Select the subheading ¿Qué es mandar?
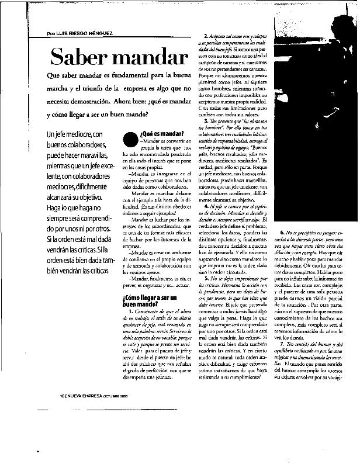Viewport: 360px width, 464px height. point(162,134)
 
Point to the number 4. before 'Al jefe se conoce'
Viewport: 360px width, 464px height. point(205,206)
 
